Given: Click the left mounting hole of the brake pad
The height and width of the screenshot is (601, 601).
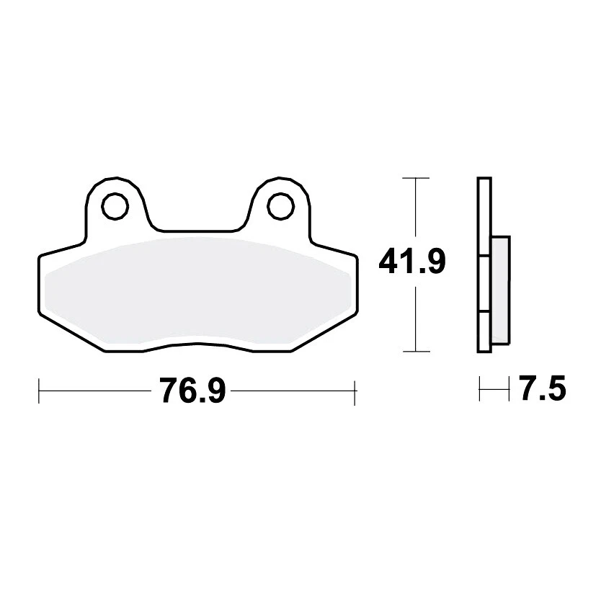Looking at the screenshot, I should [x=112, y=207].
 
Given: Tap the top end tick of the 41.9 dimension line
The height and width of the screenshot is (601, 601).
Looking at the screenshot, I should [x=415, y=177].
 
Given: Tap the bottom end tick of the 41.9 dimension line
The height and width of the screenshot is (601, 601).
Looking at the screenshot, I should [x=415, y=352].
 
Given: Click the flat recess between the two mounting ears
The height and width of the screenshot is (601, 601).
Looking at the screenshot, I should [x=196, y=232].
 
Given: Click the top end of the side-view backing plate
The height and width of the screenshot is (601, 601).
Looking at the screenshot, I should [x=484, y=179].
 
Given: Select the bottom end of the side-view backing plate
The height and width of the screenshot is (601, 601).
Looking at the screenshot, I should [x=484, y=350].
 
